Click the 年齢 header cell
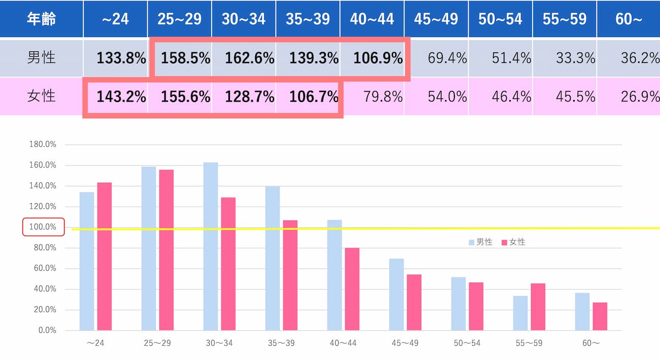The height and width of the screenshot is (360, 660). (x=41, y=19)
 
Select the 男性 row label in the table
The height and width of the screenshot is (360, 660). (x=41, y=57)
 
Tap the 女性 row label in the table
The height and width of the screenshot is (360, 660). (x=41, y=96)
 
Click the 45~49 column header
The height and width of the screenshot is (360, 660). (x=436, y=19)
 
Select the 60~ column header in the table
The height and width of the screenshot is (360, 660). (x=629, y=19)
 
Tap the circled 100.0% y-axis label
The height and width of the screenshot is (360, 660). (x=43, y=227)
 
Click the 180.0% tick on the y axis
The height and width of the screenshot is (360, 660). (x=43, y=144)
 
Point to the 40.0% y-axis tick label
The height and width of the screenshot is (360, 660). (x=43, y=289)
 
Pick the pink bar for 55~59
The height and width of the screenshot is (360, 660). (x=538, y=307)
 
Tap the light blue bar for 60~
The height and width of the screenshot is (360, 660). (x=582, y=311)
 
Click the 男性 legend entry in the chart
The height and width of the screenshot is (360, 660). (x=481, y=242)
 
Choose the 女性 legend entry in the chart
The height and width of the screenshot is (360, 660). (x=513, y=242)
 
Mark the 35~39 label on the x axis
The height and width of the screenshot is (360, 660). (x=280, y=343)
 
